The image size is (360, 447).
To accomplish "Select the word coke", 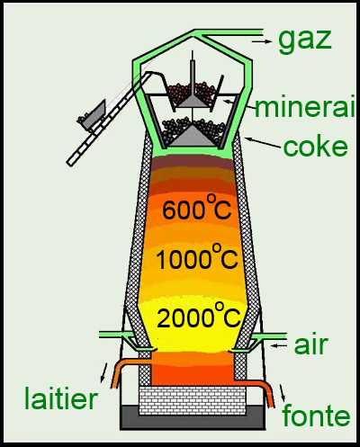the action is [x=315, y=147].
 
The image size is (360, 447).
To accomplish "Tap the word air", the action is [x=310, y=345].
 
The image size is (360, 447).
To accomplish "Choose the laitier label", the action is [x=61, y=398].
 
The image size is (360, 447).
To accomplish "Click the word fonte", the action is [x=316, y=416].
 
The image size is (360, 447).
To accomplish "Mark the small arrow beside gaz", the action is [x=261, y=41].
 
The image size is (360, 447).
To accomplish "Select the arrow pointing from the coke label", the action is [x=263, y=142].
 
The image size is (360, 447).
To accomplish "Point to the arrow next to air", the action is [x=279, y=345].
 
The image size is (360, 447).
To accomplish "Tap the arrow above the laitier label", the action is [x=103, y=372].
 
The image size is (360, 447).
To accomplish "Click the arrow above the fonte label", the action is [x=283, y=394].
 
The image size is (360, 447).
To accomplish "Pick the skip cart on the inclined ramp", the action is [x=92, y=115].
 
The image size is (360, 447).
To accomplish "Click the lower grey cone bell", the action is [x=192, y=136].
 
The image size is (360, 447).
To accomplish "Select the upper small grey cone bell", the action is [x=192, y=102].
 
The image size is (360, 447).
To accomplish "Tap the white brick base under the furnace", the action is [x=193, y=400].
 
